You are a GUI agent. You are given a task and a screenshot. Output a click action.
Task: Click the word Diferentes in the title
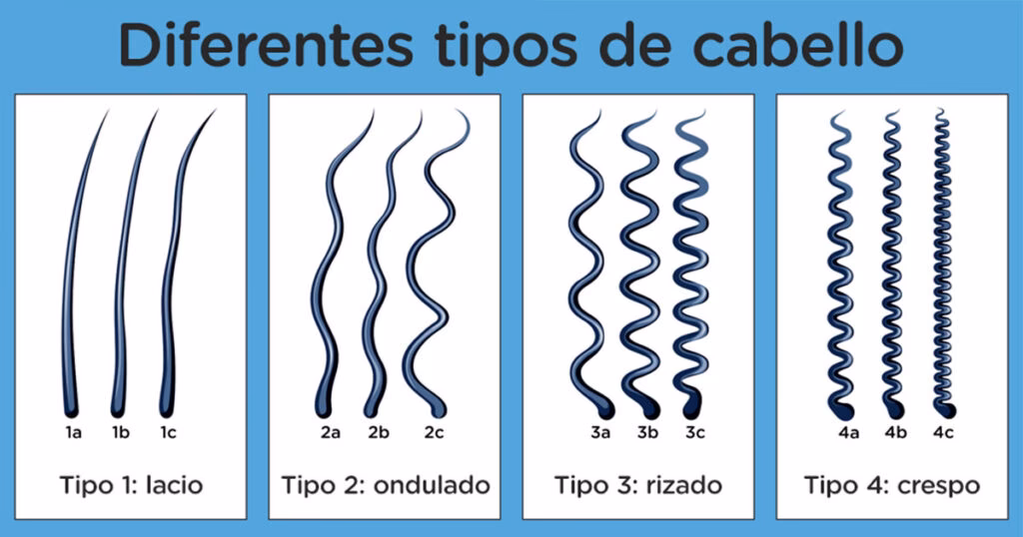[266, 46]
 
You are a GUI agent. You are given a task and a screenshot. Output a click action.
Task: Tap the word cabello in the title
[798, 46]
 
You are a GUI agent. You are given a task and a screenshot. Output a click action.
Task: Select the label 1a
[73, 432]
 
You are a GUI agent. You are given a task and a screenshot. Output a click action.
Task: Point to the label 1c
[168, 432]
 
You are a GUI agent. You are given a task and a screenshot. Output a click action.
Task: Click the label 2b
[379, 432]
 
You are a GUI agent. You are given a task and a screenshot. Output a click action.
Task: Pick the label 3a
[600, 432]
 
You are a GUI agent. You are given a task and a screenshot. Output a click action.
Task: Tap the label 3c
[695, 432]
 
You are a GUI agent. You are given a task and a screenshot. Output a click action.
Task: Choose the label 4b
[896, 432]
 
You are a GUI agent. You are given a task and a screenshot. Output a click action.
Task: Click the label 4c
[943, 432]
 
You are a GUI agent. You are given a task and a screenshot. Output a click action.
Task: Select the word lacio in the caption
[174, 485]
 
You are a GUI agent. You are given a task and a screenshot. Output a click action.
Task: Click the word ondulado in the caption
[432, 485]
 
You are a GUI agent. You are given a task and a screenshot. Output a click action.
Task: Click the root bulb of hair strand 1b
[118, 408]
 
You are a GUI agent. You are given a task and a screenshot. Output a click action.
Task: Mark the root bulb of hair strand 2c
[439, 408]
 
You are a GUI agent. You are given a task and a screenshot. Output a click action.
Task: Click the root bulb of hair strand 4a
[845, 411]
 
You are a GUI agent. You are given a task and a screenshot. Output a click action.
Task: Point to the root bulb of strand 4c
[947, 410]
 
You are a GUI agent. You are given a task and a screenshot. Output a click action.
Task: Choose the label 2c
[434, 432]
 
